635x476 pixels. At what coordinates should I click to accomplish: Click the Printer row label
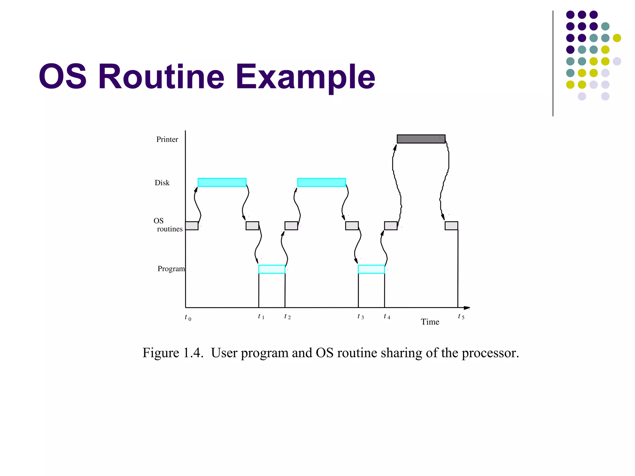pos(167,139)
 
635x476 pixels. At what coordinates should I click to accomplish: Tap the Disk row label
pos(162,183)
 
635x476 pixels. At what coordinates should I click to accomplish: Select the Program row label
pos(171,269)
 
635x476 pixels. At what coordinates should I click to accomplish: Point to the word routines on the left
pos(170,229)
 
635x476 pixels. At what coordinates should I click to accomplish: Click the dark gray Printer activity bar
pos(421,139)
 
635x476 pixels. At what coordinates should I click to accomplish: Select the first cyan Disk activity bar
pos(222,182)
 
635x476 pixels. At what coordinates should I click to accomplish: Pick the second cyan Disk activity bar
pos(322,182)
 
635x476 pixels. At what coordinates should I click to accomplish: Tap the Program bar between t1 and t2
pos(272,269)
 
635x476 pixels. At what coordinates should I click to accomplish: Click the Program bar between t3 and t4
pos(371,269)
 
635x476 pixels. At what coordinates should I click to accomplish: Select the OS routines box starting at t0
pos(192,226)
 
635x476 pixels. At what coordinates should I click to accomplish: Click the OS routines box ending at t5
pos(451,226)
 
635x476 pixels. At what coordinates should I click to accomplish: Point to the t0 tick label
pos(188,318)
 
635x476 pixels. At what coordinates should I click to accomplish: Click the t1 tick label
pos(261,317)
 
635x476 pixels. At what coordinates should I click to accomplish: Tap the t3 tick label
pos(361,317)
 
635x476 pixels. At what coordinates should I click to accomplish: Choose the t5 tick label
pos(461,317)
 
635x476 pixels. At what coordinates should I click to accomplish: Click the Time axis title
pos(430,322)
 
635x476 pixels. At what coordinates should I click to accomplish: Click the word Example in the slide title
pos(305,77)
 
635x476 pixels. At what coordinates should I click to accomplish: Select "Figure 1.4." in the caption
pos(173,353)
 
